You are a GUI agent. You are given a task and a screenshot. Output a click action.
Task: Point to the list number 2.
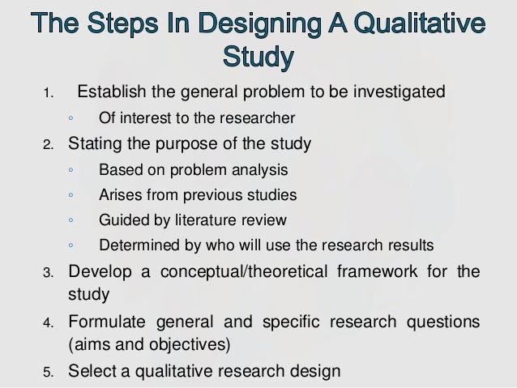(48, 146)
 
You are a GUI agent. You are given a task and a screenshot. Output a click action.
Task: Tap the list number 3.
(48, 272)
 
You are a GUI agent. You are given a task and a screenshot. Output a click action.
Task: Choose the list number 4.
(48, 324)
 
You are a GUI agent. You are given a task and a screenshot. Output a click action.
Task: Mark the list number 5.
(48, 373)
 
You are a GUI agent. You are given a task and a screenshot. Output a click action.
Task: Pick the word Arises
(117, 195)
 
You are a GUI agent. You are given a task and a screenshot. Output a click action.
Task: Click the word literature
(211, 220)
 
